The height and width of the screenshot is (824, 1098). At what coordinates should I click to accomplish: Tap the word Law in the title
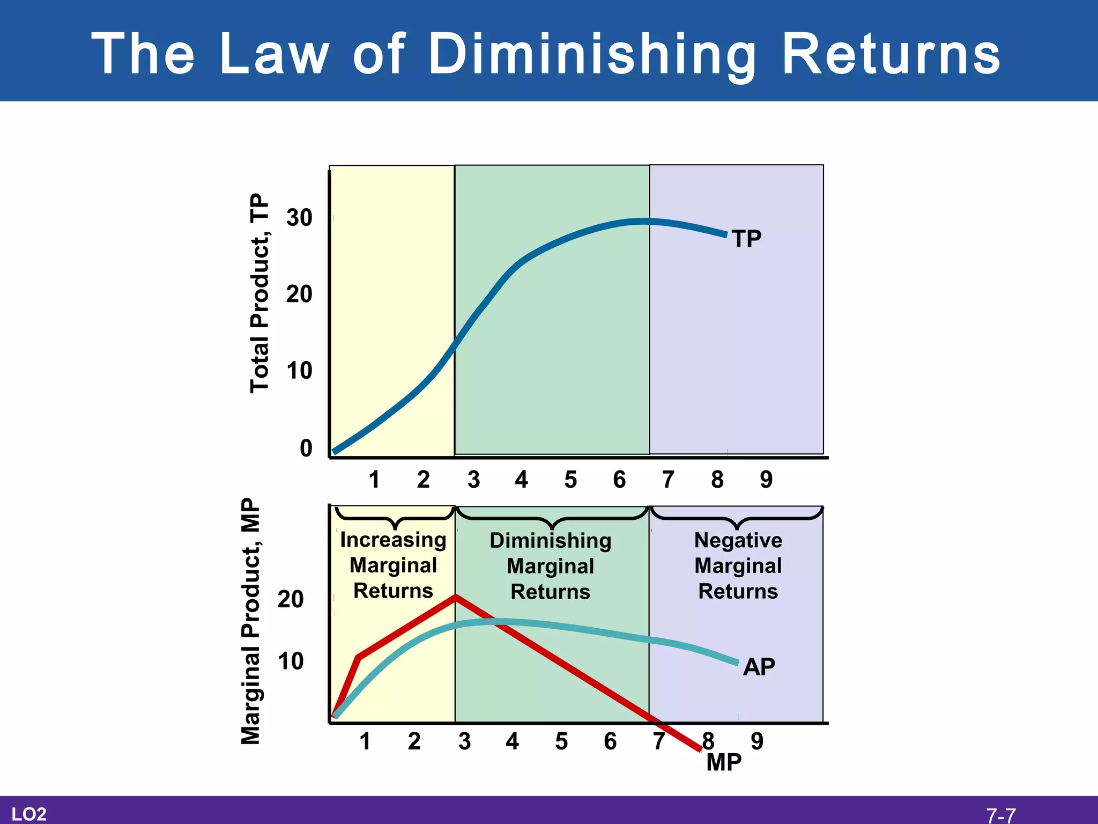pyautogui.click(x=274, y=54)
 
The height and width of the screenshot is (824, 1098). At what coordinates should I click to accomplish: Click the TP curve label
pyautogui.click(x=746, y=239)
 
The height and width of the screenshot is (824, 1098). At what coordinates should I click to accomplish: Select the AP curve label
pyautogui.click(x=759, y=667)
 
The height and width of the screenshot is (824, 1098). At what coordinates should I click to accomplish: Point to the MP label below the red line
pyautogui.click(x=724, y=762)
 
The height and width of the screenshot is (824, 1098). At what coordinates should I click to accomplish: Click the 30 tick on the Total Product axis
pyautogui.click(x=299, y=218)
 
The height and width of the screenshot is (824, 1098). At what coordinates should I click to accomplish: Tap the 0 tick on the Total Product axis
pyautogui.click(x=306, y=448)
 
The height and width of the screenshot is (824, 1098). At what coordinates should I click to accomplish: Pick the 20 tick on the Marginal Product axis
pyautogui.click(x=291, y=599)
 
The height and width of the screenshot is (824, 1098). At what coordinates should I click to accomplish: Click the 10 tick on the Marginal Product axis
pyautogui.click(x=291, y=661)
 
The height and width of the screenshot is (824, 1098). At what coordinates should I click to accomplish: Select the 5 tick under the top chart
pyautogui.click(x=570, y=480)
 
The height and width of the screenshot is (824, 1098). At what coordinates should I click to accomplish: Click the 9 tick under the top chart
pyautogui.click(x=766, y=480)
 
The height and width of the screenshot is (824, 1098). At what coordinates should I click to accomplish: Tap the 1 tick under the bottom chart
pyautogui.click(x=365, y=741)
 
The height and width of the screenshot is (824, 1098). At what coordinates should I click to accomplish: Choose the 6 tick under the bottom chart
pyautogui.click(x=610, y=741)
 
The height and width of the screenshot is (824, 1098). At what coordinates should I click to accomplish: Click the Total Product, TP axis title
pyautogui.click(x=259, y=293)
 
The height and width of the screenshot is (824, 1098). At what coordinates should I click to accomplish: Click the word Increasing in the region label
pyautogui.click(x=393, y=540)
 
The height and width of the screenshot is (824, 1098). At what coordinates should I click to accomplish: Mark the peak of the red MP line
pyautogui.click(x=455, y=596)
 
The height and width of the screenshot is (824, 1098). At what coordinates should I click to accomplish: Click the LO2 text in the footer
pyautogui.click(x=29, y=814)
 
